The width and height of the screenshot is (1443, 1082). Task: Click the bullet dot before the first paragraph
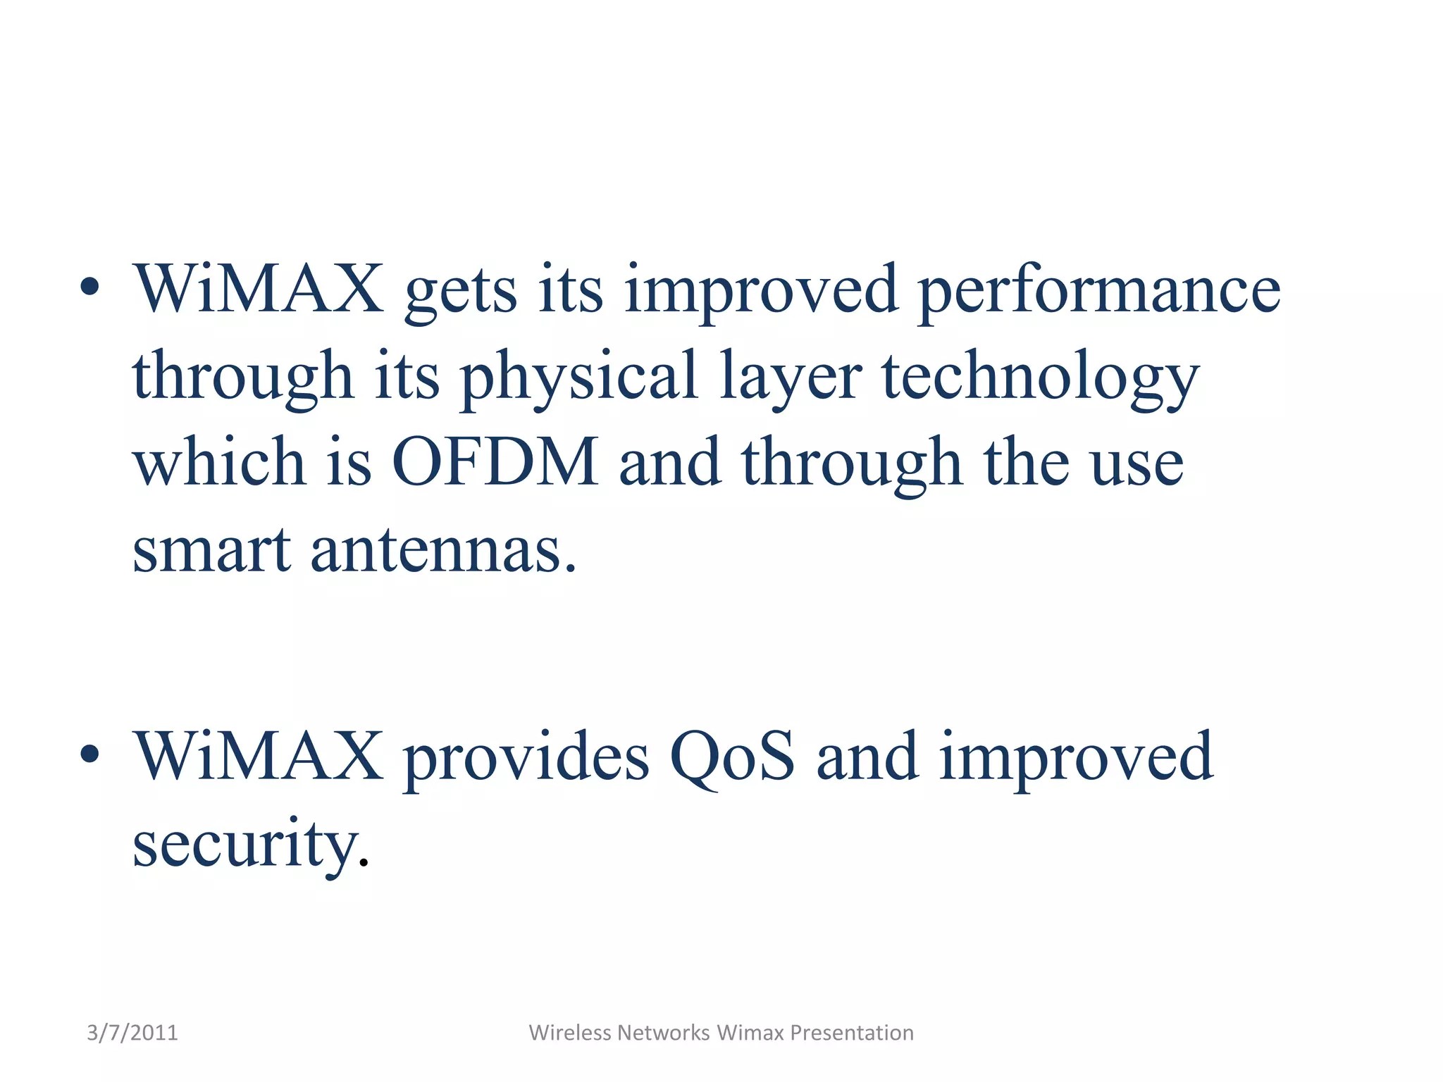pos(89,287)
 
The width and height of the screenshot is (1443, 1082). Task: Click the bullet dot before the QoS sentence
pos(89,754)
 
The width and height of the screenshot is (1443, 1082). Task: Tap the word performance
pos(1099,291)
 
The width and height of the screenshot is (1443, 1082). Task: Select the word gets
pos(461,291)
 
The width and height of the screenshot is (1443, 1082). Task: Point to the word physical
pos(578,378)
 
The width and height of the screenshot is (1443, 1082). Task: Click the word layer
pos(790,378)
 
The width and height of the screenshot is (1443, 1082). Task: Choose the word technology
pos(1040,378)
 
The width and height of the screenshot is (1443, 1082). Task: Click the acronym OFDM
pos(495,461)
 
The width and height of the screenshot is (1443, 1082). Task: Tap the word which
pos(218,461)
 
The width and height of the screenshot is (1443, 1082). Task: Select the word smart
pos(211,549)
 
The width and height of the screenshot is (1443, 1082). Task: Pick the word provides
pos(526,758)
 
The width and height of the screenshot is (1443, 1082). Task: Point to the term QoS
pos(732,757)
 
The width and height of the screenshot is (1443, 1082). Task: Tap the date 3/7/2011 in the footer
pos(132,1033)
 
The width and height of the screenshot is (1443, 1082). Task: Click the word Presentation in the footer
pos(851,1033)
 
